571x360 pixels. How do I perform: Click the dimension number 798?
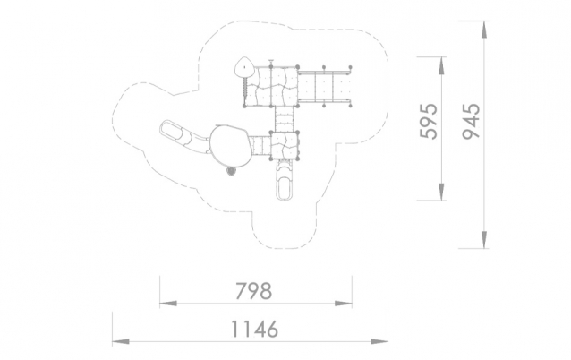[x=254, y=291]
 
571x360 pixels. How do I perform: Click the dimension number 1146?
[x=254, y=329]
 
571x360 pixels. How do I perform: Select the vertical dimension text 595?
[x=429, y=121]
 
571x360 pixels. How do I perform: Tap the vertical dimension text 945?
[x=472, y=121]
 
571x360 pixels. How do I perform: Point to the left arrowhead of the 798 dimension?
[x=168, y=304]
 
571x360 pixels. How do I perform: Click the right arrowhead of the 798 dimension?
[x=343, y=304]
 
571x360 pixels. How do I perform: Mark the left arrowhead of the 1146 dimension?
[x=121, y=342]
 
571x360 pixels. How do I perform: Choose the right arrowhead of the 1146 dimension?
[x=379, y=342]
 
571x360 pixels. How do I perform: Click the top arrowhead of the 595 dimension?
[x=441, y=66]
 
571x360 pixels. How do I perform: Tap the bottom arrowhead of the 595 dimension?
[x=441, y=192]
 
